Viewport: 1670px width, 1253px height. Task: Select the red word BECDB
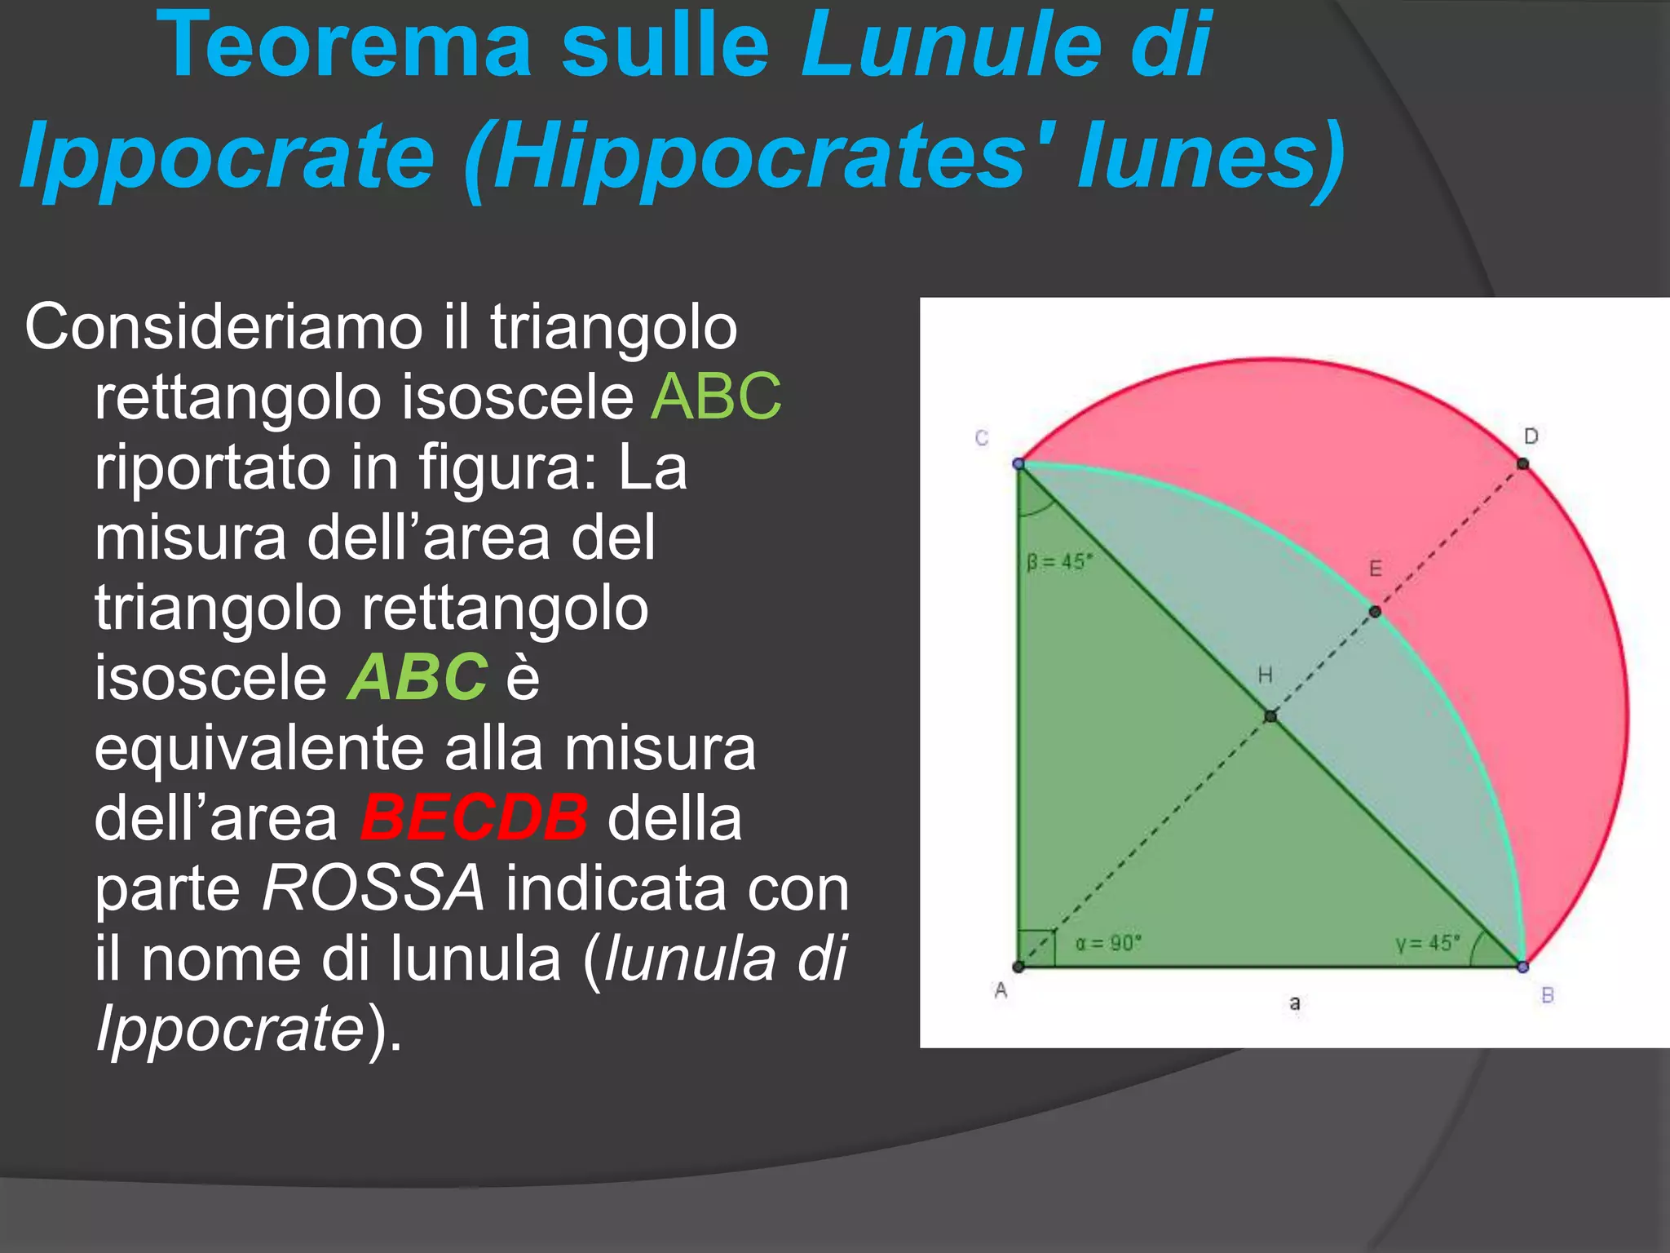(x=474, y=817)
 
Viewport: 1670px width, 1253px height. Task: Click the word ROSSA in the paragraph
(x=373, y=888)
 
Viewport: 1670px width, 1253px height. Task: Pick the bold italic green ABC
(x=417, y=677)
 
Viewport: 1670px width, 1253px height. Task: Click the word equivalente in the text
(x=319, y=748)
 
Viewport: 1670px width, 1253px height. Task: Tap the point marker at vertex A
(x=1018, y=967)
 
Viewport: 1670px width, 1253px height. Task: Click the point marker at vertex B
(x=1522, y=967)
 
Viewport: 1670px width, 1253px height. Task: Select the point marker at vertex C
(x=1018, y=463)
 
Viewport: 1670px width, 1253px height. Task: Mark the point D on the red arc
(x=1522, y=464)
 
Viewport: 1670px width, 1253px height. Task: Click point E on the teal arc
(x=1375, y=611)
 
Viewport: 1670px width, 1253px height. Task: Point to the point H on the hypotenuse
(x=1270, y=716)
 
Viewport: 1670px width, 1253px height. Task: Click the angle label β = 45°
(x=1059, y=562)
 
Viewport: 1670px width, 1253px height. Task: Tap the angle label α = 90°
(x=1108, y=944)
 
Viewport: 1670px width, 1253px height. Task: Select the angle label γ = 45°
(x=1428, y=944)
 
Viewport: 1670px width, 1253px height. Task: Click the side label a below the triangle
(x=1294, y=1003)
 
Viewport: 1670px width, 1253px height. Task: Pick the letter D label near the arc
(x=1531, y=436)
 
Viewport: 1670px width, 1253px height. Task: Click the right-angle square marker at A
(x=1036, y=949)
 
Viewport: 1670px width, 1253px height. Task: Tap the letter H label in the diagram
(x=1265, y=675)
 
